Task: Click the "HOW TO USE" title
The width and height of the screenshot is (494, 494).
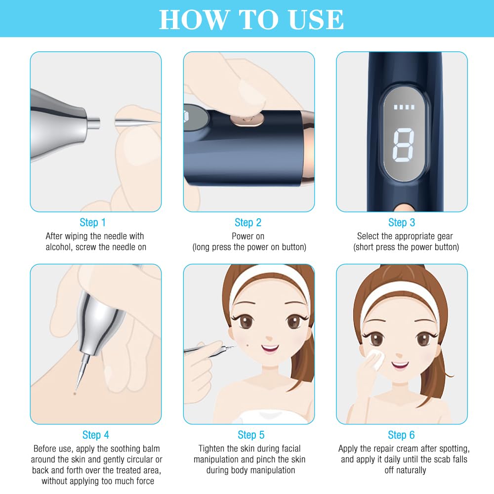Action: tap(251, 20)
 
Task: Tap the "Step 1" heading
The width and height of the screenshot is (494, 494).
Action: tap(93, 222)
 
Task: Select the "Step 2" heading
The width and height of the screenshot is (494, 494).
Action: tap(248, 222)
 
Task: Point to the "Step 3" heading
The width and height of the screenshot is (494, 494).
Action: tap(402, 222)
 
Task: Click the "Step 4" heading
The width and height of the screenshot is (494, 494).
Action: tap(95, 435)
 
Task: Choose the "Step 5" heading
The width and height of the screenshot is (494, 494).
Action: tap(251, 435)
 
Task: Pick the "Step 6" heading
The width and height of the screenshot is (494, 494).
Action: tap(401, 435)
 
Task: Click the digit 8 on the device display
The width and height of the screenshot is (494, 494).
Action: tap(404, 145)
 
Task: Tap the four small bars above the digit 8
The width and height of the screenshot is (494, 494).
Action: tap(404, 107)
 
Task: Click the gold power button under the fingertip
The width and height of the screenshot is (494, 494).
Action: tap(247, 120)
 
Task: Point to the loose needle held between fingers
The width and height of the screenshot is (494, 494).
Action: tap(137, 122)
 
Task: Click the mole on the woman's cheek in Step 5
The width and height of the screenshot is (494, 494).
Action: tap(247, 345)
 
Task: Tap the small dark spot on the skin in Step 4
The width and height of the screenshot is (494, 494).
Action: tap(75, 394)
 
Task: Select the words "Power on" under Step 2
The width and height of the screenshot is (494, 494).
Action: tap(248, 236)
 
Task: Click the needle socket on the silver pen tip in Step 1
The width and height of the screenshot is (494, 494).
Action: tap(93, 123)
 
